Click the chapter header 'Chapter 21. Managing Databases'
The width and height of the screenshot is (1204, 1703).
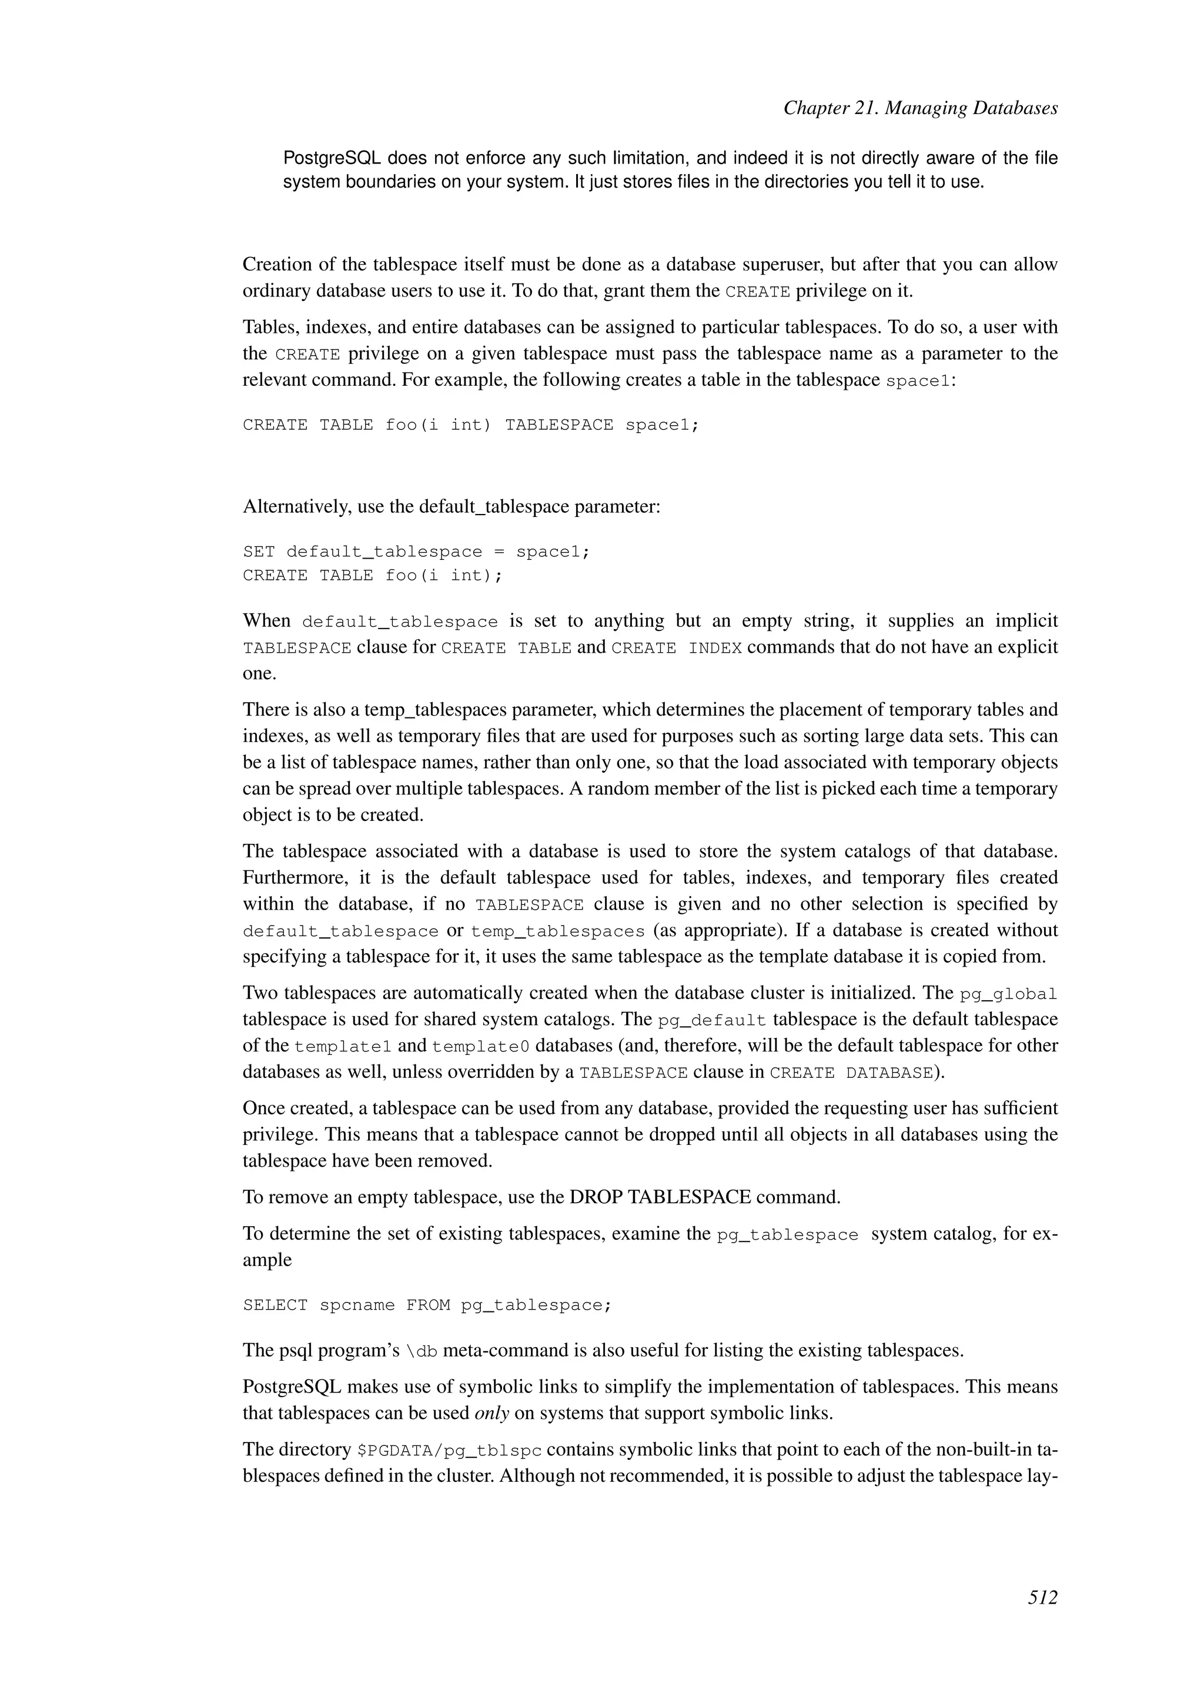[x=920, y=108]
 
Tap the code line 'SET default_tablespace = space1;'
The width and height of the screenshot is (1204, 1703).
[x=416, y=552]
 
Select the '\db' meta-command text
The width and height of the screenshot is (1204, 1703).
[x=422, y=1351]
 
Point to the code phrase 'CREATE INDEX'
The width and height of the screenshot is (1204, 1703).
[x=676, y=648]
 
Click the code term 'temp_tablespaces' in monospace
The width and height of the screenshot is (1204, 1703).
[x=557, y=931]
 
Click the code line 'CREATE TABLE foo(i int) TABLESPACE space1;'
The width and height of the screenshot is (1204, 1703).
[x=471, y=425]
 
